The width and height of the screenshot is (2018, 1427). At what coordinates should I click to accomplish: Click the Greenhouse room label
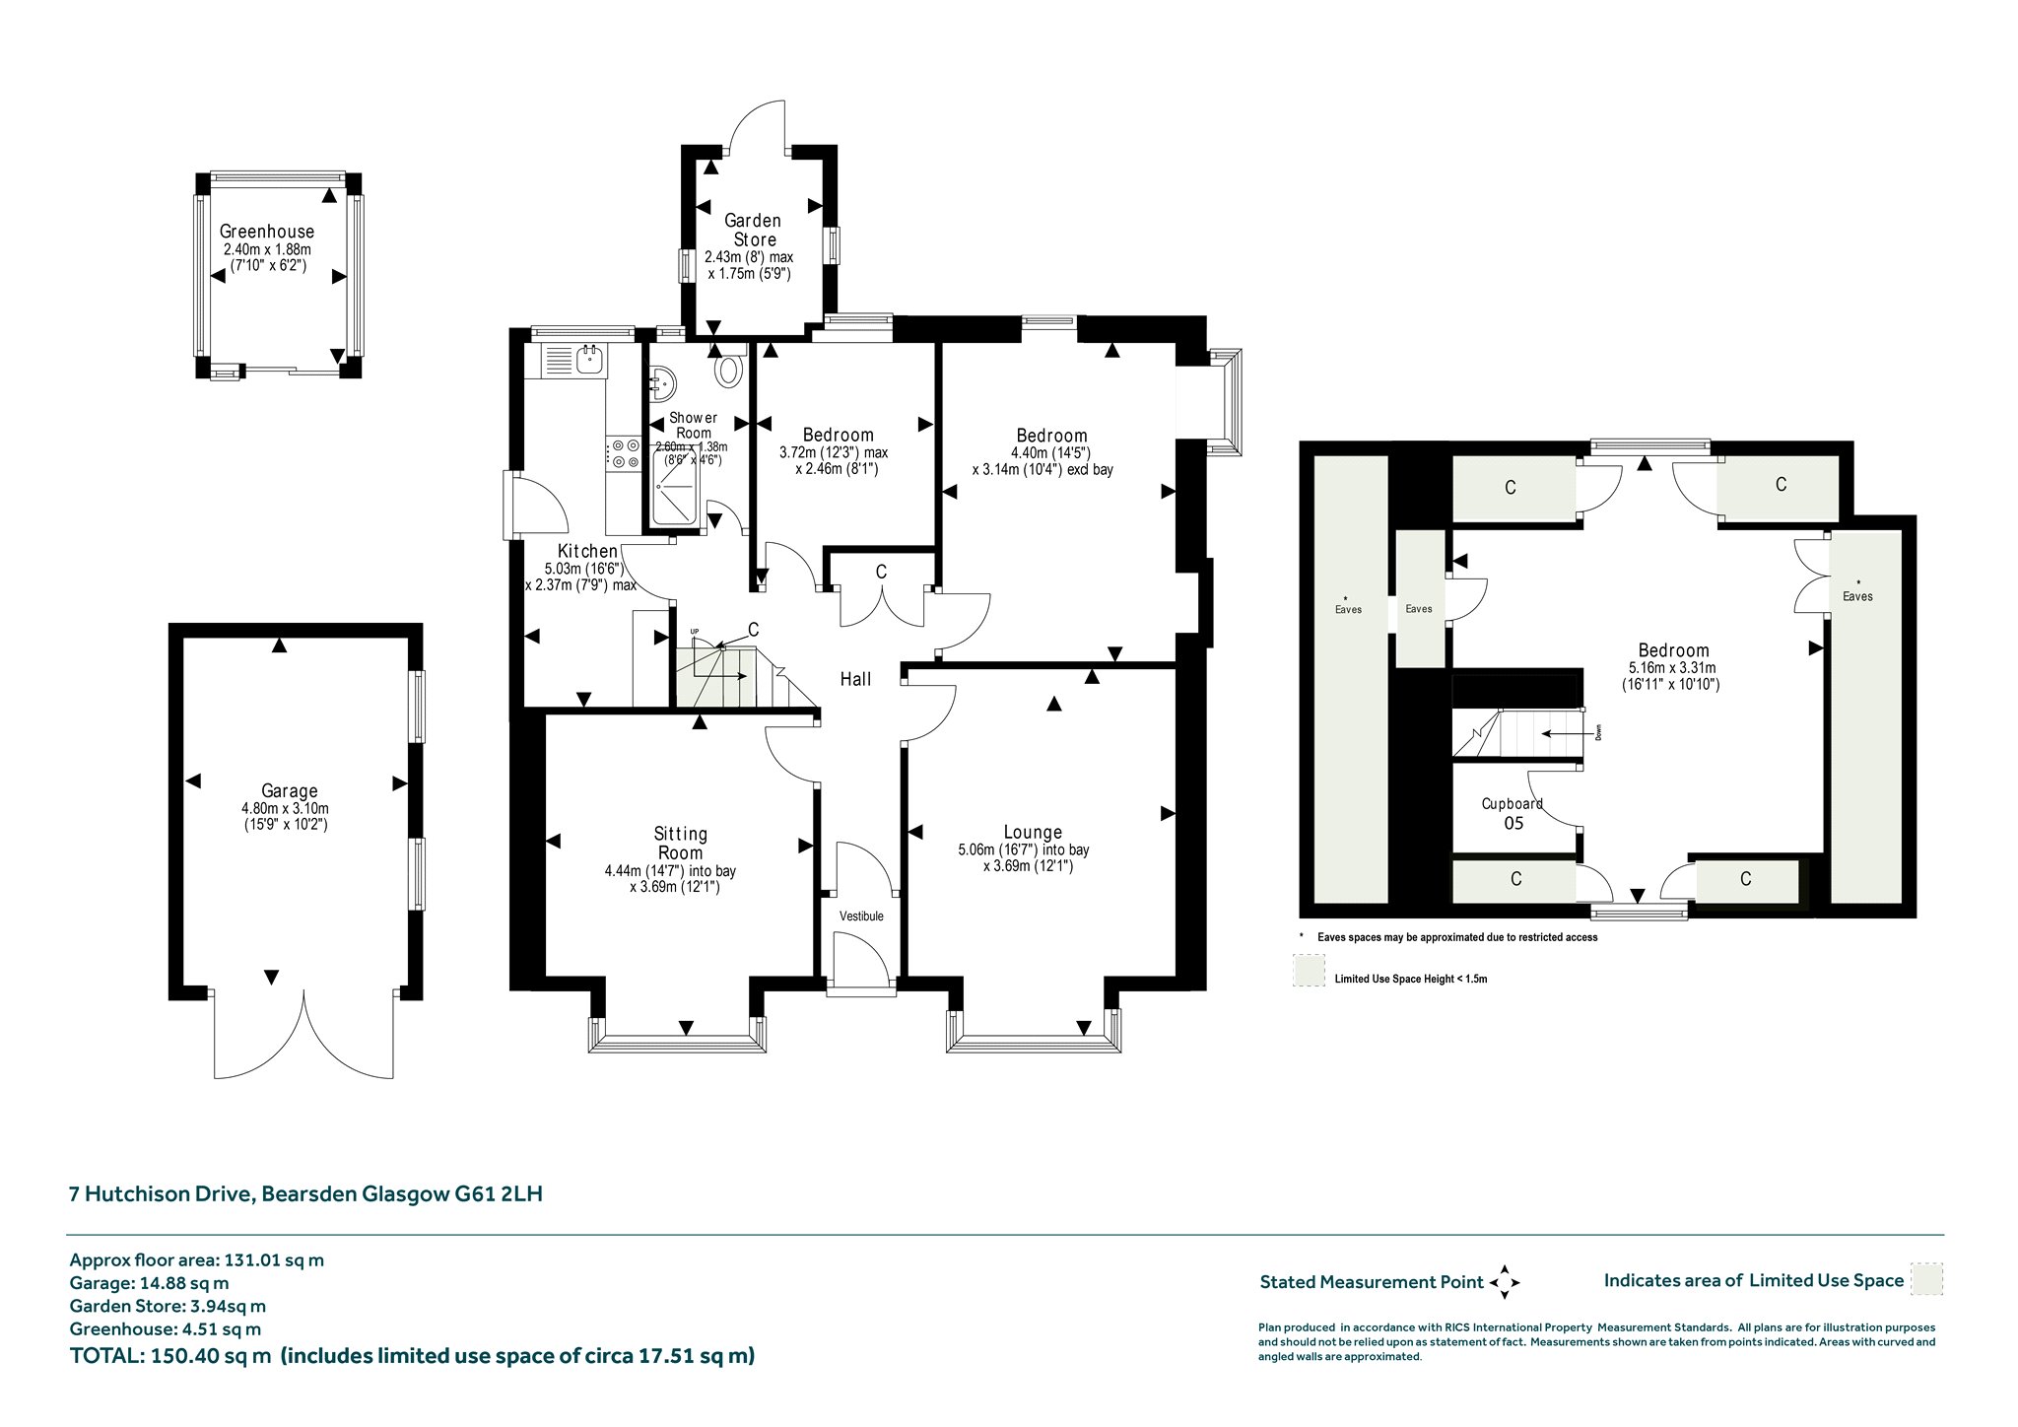(267, 233)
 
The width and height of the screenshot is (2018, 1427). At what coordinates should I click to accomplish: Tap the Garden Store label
(754, 230)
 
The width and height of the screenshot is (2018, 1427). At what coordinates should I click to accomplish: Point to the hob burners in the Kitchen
(625, 453)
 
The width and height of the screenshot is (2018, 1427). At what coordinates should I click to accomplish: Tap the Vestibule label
(861, 916)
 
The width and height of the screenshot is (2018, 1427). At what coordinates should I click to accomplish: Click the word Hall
(855, 679)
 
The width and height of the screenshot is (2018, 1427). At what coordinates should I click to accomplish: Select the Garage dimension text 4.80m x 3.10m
(286, 808)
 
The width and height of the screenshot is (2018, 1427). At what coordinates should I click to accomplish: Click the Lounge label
(1033, 832)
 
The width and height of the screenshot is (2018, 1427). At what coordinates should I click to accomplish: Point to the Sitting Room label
(681, 844)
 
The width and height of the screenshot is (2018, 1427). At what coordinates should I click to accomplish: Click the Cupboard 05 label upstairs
(1513, 813)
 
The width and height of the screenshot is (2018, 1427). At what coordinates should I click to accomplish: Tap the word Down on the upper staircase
(1598, 733)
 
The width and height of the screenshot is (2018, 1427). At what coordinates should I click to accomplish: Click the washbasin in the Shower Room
(660, 381)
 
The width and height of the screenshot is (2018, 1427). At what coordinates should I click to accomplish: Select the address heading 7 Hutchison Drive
(163, 1193)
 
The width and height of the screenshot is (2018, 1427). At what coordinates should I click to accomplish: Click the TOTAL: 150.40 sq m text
(170, 1355)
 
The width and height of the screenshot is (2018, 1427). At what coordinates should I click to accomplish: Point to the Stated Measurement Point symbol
(1505, 1282)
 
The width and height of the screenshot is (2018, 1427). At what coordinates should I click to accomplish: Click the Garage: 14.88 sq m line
(149, 1283)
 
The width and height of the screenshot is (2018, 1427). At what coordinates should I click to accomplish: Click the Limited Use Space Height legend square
(1310, 971)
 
